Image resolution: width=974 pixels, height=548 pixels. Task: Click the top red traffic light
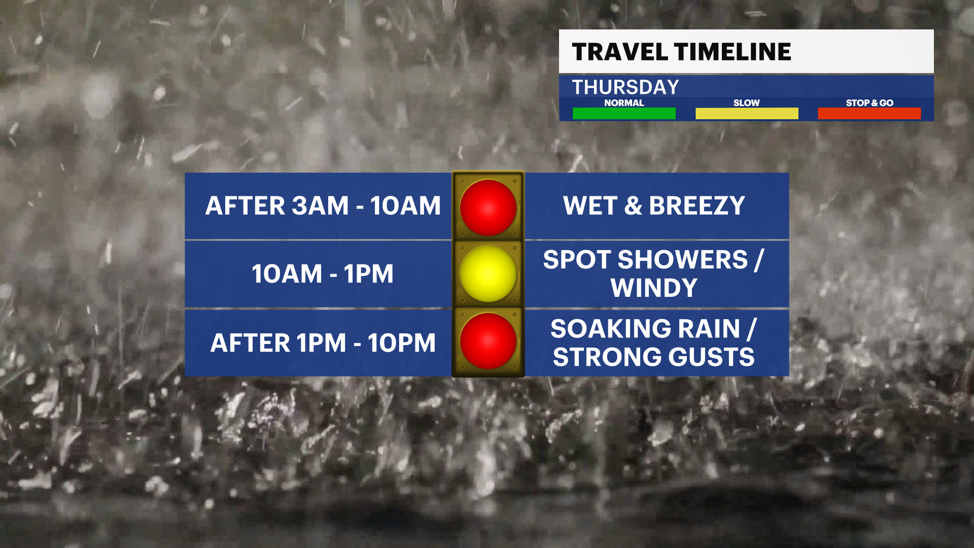(x=488, y=208)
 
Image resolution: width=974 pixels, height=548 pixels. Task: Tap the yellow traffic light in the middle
(x=488, y=274)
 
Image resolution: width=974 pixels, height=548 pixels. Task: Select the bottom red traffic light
(x=488, y=341)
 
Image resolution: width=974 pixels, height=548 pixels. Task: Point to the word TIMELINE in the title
(x=733, y=52)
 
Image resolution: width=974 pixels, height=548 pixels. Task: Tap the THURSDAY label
(x=625, y=87)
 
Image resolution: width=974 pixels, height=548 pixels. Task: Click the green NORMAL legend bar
(x=624, y=113)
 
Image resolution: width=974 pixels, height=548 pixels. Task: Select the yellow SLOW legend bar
(x=747, y=113)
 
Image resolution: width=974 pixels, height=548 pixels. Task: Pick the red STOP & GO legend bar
(x=869, y=113)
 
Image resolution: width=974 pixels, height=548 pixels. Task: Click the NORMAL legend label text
(x=624, y=102)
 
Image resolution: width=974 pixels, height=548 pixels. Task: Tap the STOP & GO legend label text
(x=869, y=102)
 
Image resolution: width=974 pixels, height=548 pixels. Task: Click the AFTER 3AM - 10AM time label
(x=323, y=205)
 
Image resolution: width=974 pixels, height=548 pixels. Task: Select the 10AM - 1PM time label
(x=323, y=274)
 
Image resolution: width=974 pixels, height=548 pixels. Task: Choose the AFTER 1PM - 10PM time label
(x=323, y=342)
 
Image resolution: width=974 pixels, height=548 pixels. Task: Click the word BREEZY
(x=697, y=205)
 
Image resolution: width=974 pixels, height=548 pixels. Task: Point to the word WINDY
(x=654, y=288)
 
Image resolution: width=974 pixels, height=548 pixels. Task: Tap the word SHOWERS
(x=683, y=260)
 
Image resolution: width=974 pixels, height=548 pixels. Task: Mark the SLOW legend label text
(x=747, y=102)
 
